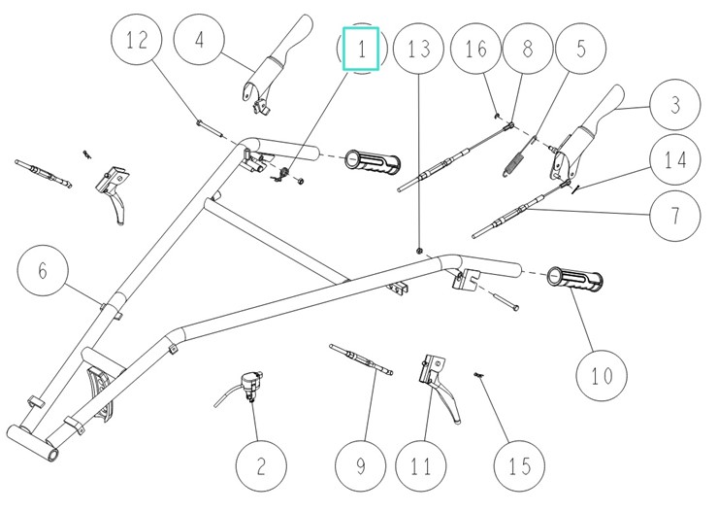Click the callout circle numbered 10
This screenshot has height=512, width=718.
[603, 372]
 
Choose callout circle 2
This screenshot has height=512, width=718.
[261, 466]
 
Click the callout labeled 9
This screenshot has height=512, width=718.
[359, 466]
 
